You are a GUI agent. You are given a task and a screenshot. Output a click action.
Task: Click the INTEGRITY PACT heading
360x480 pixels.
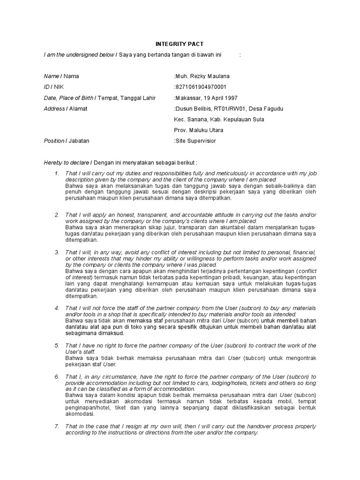pyautogui.click(x=180, y=45)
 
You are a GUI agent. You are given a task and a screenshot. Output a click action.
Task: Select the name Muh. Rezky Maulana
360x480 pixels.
pyautogui.click(x=202, y=76)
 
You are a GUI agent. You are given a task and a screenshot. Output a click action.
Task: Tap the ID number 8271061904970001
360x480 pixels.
pyautogui.click(x=200, y=87)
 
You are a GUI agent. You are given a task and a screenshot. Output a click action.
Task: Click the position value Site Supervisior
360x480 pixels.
pyautogui.click(x=195, y=141)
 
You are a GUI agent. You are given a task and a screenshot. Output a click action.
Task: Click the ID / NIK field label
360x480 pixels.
pyautogui.click(x=53, y=87)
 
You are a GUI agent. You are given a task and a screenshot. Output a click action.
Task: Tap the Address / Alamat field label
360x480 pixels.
pyautogui.click(x=66, y=109)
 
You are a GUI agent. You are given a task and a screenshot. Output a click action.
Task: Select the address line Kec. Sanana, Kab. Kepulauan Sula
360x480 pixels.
pyautogui.click(x=219, y=120)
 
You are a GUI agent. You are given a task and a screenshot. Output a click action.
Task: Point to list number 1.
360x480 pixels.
pyautogui.click(x=56, y=174)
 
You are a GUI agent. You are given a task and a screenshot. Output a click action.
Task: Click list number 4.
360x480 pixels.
pyautogui.click(x=56, y=308)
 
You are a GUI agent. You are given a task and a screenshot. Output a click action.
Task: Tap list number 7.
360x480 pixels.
pyautogui.click(x=56, y=427)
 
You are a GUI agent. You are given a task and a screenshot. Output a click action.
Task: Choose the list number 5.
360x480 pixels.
pyautogui.click(x=56, y=345)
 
